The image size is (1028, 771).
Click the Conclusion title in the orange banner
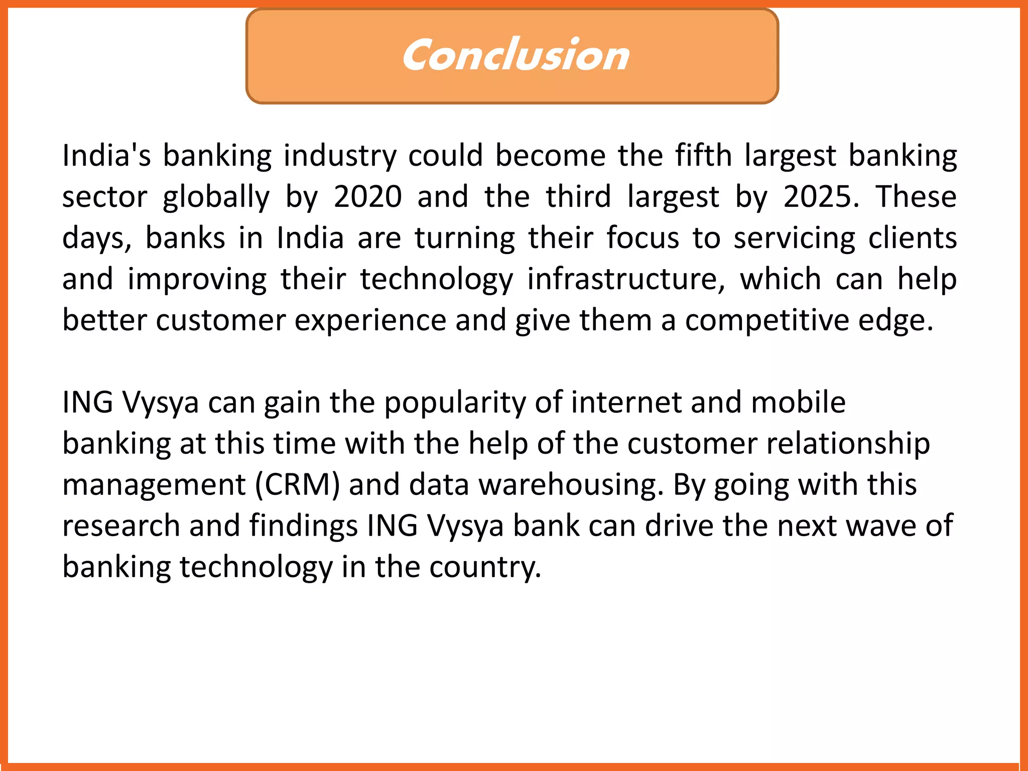click(515, 55)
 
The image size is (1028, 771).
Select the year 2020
click(367, 196)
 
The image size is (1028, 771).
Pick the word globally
click(216, 197)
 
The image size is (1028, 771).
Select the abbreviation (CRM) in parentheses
click(298, 485)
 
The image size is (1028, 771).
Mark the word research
click(121, 526)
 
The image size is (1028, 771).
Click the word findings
click(304, 527)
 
